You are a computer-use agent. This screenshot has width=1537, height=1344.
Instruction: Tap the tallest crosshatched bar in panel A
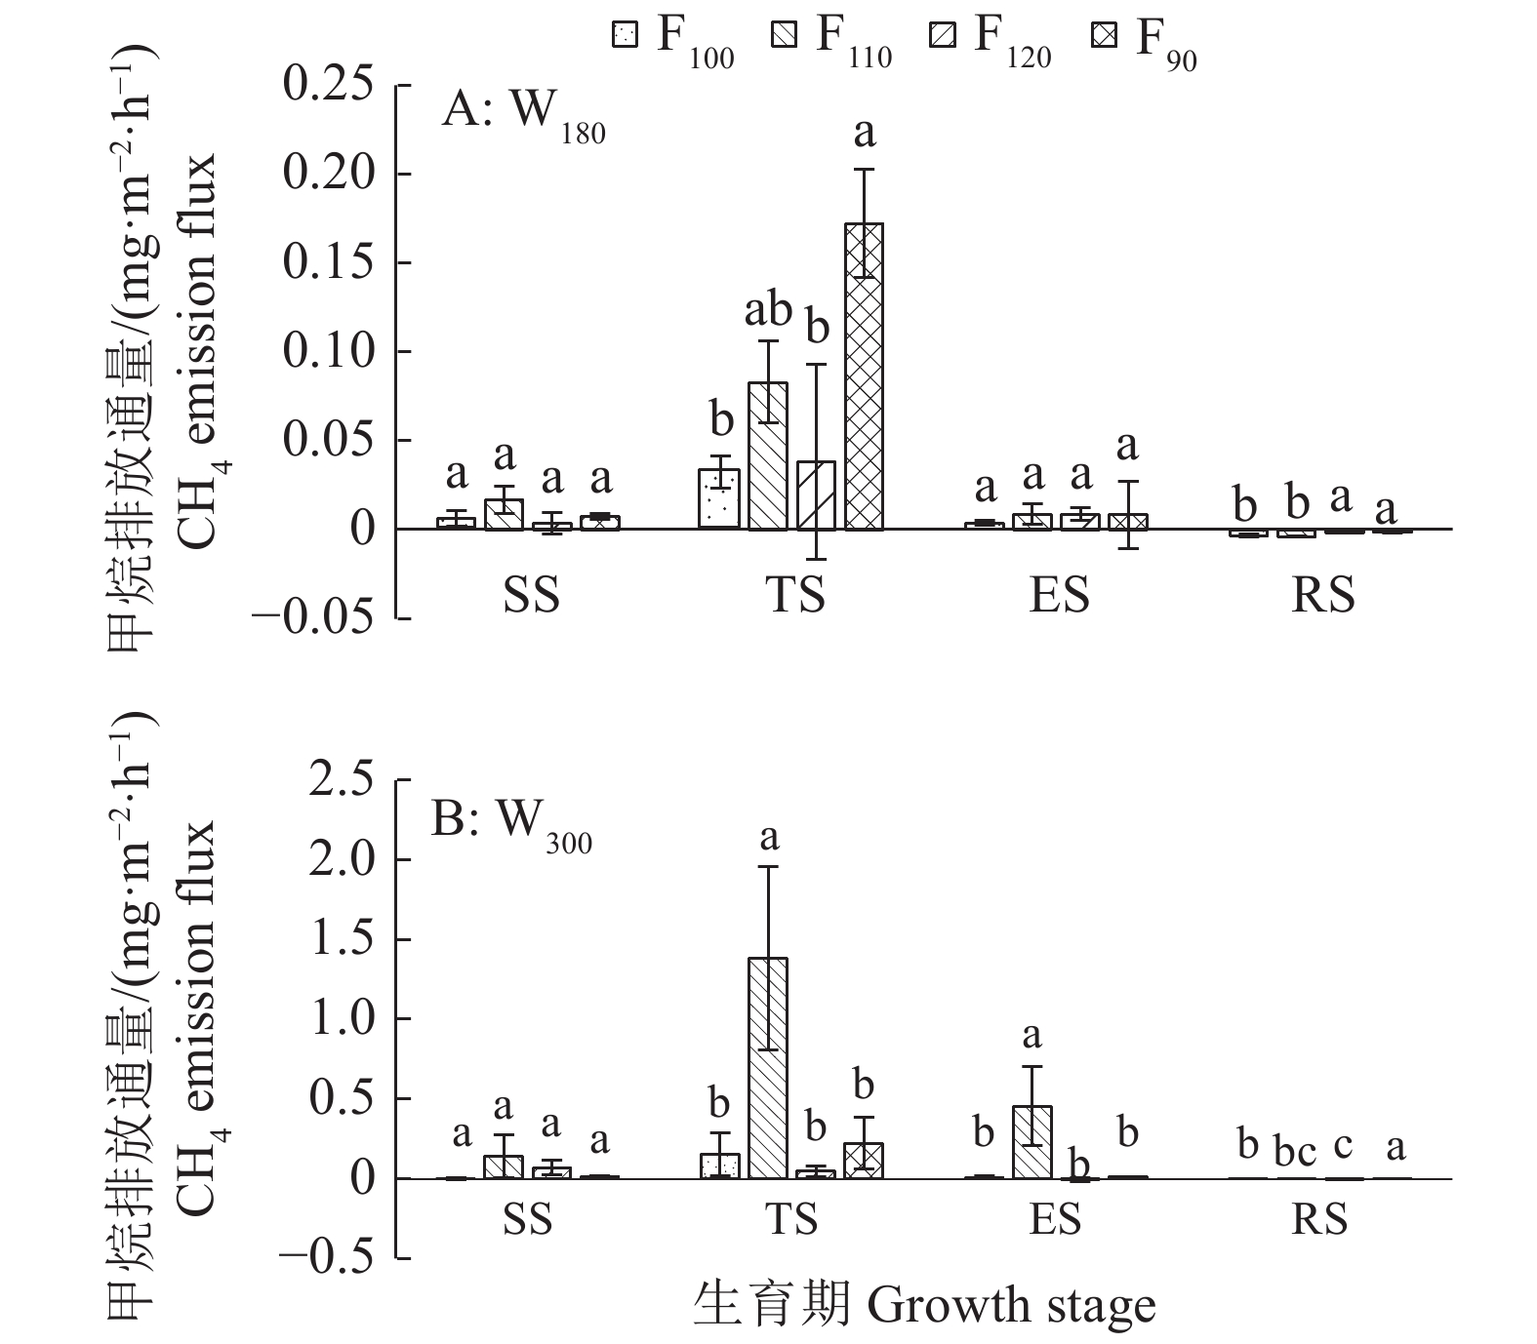864,376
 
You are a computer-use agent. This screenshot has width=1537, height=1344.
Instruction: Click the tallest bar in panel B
768,1068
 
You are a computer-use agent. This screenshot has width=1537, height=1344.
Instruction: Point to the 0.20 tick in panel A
328,175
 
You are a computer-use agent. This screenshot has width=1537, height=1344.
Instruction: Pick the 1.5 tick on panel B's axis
342,940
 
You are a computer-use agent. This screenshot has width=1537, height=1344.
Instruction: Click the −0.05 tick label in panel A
313,618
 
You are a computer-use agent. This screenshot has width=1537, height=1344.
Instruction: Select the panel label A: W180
523,115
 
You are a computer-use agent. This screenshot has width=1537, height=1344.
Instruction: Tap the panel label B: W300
511,824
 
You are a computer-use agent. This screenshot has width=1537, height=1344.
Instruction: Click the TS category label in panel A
795,595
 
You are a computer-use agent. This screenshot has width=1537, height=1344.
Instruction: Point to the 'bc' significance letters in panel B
1294,1151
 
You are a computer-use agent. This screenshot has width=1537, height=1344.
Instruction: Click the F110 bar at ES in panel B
1031,1142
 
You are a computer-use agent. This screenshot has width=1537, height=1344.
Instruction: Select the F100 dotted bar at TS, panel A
719,499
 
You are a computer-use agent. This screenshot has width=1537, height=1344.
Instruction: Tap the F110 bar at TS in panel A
768,455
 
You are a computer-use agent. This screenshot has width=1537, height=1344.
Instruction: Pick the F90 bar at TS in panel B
864,1161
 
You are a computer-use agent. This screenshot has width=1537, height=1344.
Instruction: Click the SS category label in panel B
528,1219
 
